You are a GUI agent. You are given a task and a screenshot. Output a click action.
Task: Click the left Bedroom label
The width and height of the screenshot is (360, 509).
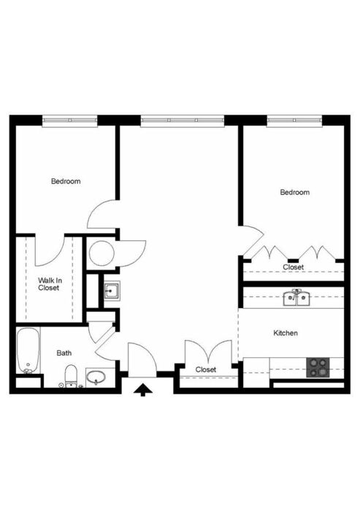66,181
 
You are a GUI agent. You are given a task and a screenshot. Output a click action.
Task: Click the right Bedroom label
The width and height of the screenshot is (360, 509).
295,192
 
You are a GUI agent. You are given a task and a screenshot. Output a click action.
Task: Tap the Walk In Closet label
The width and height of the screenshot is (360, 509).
50,284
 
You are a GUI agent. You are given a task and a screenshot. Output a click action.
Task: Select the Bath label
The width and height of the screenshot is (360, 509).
64,353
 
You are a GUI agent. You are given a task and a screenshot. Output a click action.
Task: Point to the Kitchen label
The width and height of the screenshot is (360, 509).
286,333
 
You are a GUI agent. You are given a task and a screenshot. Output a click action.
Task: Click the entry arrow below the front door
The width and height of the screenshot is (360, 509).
143,390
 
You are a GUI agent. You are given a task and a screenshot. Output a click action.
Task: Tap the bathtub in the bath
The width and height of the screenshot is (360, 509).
28,351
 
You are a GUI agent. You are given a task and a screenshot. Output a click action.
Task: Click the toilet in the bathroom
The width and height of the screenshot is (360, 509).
71,376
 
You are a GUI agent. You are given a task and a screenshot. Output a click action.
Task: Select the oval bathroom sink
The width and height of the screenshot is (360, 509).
96,378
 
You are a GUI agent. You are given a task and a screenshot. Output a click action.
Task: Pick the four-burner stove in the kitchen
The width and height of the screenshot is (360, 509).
318,367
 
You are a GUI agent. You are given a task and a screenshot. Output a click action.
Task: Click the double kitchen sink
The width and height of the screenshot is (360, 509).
296,298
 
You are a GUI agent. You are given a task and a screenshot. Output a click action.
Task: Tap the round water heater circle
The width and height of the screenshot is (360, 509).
102,253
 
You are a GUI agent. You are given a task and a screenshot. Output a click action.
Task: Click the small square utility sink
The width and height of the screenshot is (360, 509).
112,291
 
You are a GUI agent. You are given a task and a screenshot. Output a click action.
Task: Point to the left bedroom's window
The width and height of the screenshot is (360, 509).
70,120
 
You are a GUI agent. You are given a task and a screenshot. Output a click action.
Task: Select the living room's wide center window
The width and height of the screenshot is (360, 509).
183,120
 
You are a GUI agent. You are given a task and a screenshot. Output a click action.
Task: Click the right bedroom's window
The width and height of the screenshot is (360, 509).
294,120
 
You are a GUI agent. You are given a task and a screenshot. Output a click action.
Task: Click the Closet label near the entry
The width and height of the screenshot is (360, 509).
206,370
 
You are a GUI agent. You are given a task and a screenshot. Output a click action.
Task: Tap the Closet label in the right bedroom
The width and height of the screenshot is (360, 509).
293,267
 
